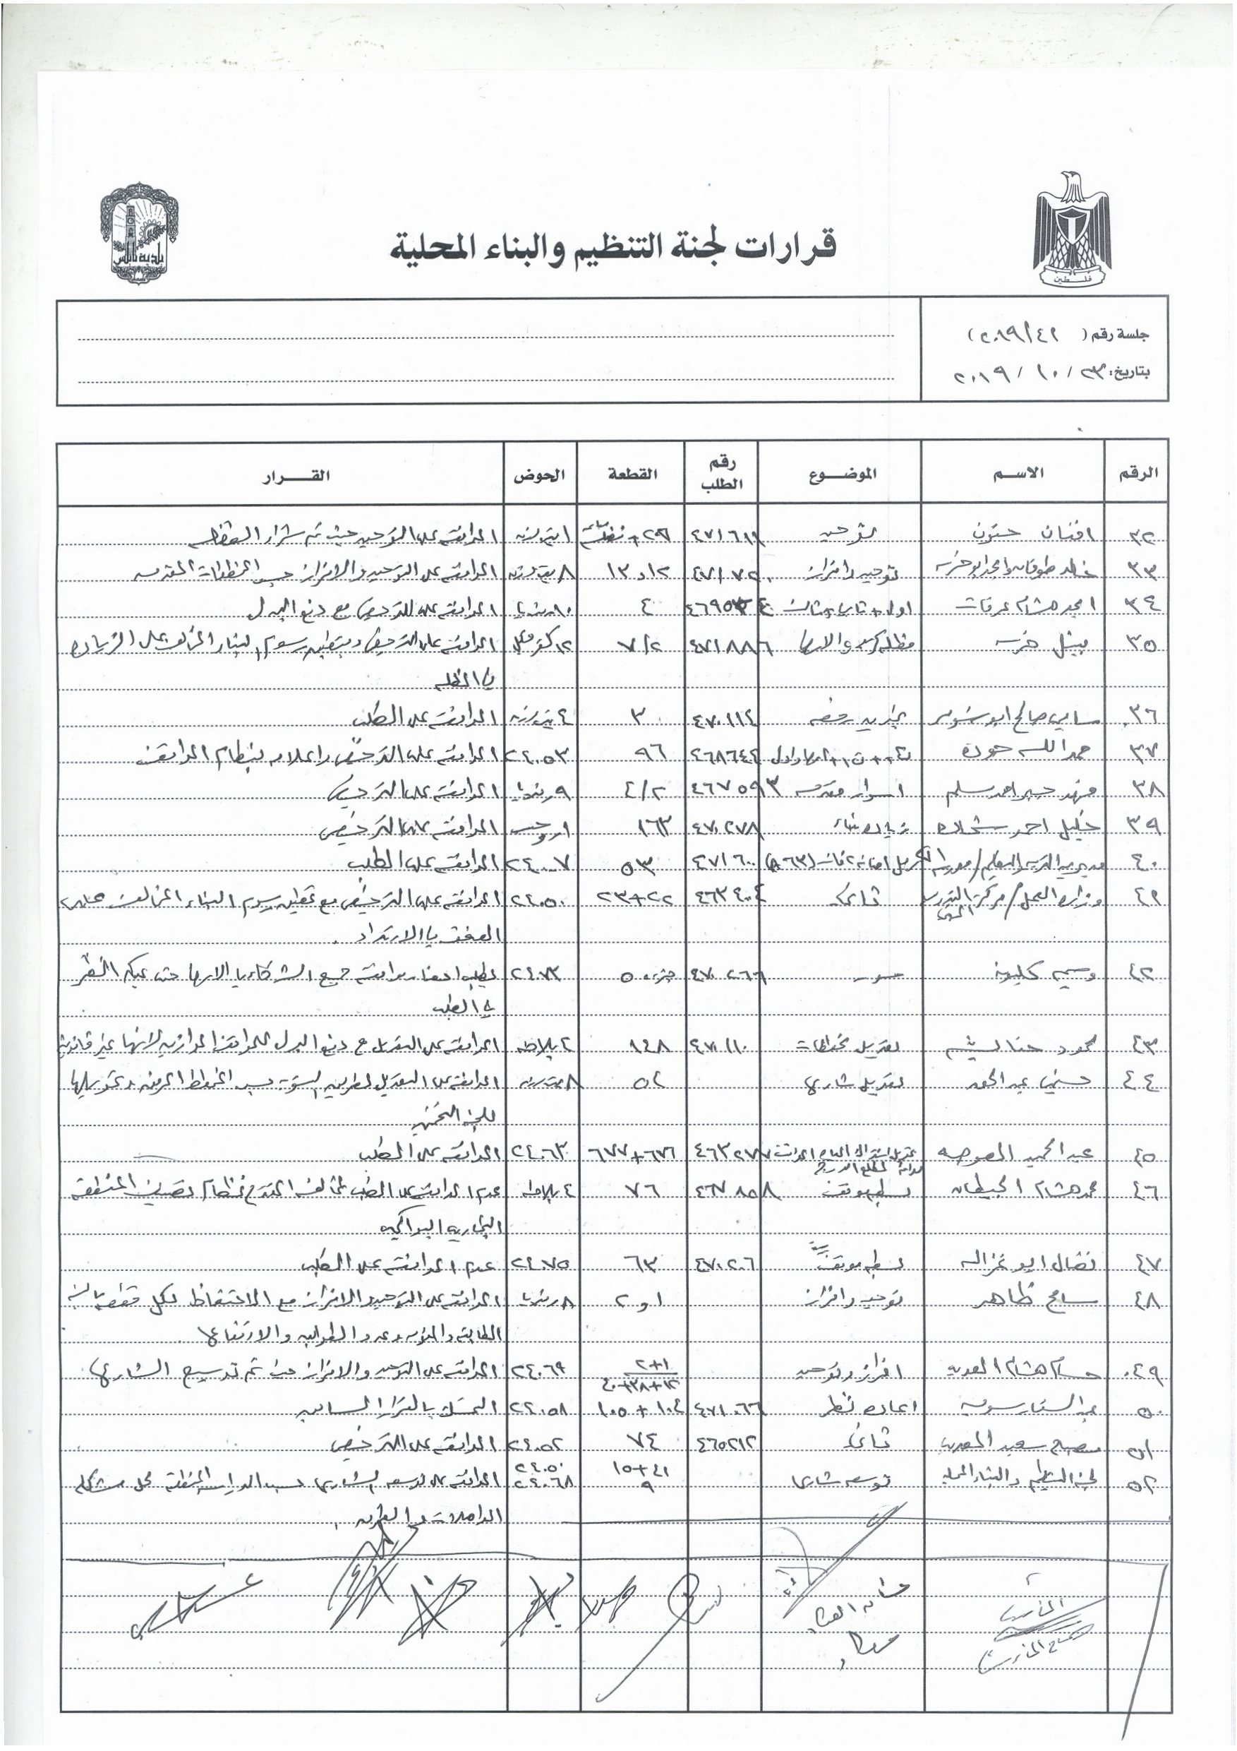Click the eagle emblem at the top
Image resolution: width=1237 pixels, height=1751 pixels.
pyautogui.click(x=1072, y=228)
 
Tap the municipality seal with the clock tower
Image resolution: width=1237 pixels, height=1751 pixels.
pyautogui.click(x=140, y=234)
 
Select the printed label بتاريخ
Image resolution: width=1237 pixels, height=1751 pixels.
pyautogui.click(x=1131, y=373)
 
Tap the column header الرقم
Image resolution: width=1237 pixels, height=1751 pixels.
pyautogui.click(x=1138, y=473)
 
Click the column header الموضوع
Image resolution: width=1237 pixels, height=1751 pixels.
pyautogui.click(x=843, y=474)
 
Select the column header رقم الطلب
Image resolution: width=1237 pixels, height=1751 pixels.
pyautogui.click(x=721, y=474)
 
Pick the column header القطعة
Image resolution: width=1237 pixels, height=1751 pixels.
pyautogui.click(x=632, y=474)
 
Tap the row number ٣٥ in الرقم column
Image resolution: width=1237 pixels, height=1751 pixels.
pyautogui.click(x=1140, y=645)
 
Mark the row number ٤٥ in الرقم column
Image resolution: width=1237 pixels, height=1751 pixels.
pyautogui.click(x=1141, y=1157)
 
